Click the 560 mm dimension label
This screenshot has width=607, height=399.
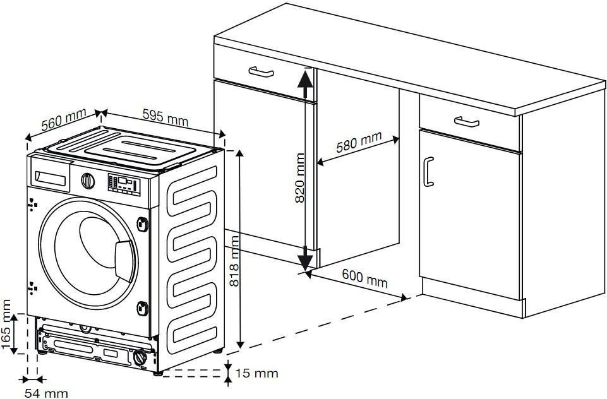63,119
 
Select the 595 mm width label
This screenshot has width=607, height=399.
165,117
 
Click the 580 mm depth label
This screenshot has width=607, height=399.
358,143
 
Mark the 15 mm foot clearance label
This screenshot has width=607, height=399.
256,373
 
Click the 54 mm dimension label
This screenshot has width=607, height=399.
46,393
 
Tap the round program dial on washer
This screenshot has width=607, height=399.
88,181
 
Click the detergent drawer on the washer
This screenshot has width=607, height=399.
52,178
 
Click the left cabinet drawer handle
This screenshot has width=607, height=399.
260,72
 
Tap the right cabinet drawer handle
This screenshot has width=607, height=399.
466,121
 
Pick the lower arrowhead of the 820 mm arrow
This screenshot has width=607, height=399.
305,259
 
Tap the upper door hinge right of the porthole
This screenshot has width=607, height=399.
143,223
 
